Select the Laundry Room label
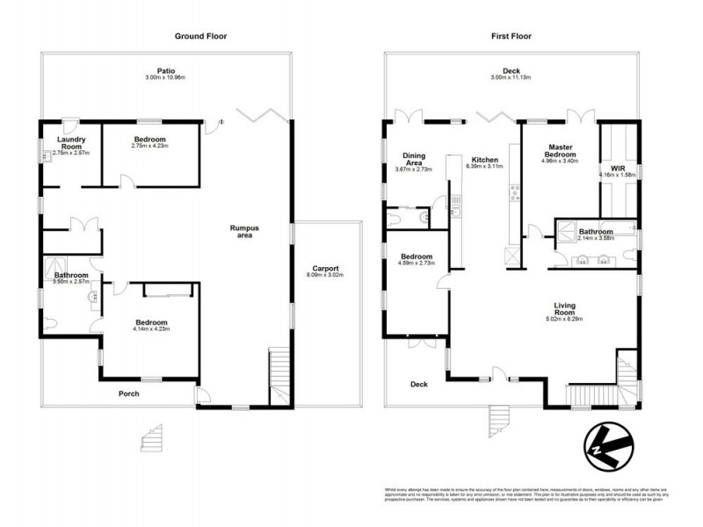(70, 143)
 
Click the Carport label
(325, 269)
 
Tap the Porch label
(128, 393)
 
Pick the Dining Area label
(413, 159)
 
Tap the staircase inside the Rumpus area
(280, 373)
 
